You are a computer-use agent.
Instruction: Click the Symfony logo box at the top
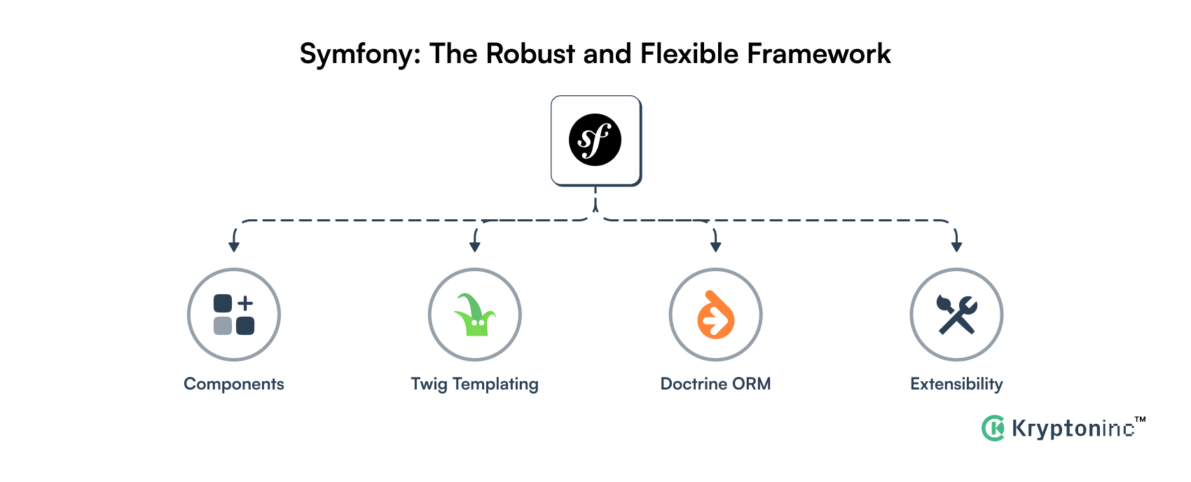(595, 140)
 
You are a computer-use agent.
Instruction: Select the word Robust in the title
(530, 54)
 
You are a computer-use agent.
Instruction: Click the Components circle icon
(234, 315)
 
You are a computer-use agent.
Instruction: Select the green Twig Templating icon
(475, 315)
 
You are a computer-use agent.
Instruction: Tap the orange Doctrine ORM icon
(715, 315)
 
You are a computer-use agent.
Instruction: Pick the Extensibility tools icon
(956, 315)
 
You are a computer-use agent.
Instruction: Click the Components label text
(234, 384)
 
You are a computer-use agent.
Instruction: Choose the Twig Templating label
(475, 385)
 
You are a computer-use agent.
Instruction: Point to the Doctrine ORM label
(715, 384)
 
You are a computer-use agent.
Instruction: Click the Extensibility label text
(956, 384)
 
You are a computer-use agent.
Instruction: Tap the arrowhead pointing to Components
(234, 246)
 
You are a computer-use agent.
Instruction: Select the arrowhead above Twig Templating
(475, 246)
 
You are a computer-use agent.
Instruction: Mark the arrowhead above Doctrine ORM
(715, 246)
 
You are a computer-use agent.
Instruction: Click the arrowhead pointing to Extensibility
(956, 246)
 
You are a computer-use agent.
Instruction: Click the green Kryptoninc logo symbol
(993, 428)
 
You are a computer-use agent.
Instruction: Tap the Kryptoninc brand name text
(1073, 428)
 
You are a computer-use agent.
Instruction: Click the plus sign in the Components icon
(245, 303)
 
